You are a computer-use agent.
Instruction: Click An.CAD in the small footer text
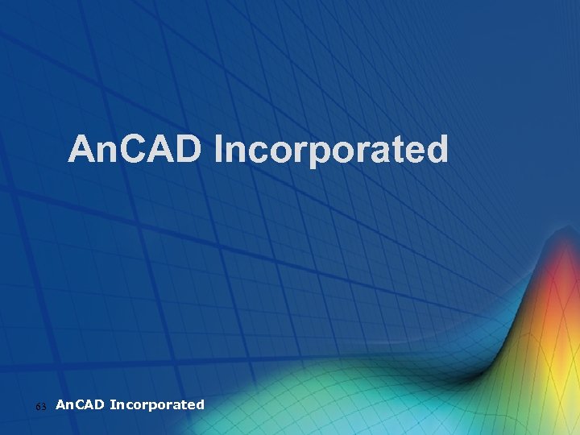81,404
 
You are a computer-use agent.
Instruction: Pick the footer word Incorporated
157,404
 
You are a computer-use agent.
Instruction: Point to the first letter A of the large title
81,150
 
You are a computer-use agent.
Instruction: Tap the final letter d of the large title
437,150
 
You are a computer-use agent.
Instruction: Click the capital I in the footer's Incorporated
112,404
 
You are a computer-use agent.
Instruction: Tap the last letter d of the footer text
200,404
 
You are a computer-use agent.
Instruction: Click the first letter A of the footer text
60,404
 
